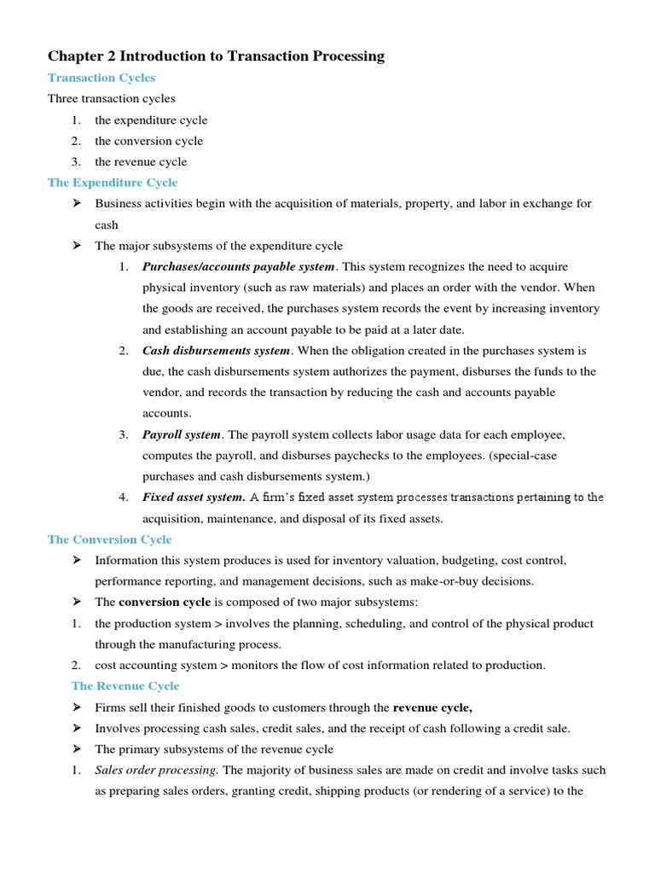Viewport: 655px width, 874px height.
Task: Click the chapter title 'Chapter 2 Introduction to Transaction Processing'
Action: click(x=216, y=56)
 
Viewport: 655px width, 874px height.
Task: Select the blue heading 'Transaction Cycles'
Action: click(x=101, y=78)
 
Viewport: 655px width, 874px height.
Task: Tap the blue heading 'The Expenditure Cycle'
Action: click(x=113, y=183)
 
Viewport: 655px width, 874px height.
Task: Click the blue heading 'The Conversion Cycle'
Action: click(x=109, y=539)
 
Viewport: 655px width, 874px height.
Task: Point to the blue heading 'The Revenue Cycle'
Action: click(x=125, y=686)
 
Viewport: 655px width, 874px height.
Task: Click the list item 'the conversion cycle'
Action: click(x=148, y=141)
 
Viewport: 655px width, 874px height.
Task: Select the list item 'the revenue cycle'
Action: click(x=141, y=161)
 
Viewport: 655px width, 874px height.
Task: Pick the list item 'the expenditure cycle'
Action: click(x=151, y=120)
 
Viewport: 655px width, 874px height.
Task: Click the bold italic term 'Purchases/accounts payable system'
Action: click(x=239, y=267)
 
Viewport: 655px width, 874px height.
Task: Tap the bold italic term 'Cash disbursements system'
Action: click(x=217, y=351)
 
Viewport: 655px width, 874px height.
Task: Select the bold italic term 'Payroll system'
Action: click(x=181, y=434)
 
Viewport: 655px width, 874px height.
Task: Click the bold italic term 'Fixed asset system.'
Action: click(x=194, y=497)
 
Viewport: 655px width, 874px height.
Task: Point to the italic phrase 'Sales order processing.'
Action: click(x=157, y=770)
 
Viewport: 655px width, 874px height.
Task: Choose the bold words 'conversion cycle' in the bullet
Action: click(x=164, y=603)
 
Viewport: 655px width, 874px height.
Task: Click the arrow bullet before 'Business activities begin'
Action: click(x=77, y=204)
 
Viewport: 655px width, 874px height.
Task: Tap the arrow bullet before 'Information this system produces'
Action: click(x=77, y=561)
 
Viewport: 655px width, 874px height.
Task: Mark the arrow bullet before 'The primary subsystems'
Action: click(x=77, y=749)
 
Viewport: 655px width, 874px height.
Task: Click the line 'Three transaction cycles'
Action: click(x=111, y=99)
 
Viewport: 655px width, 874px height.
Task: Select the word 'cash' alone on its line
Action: click(x=107, y=225)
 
